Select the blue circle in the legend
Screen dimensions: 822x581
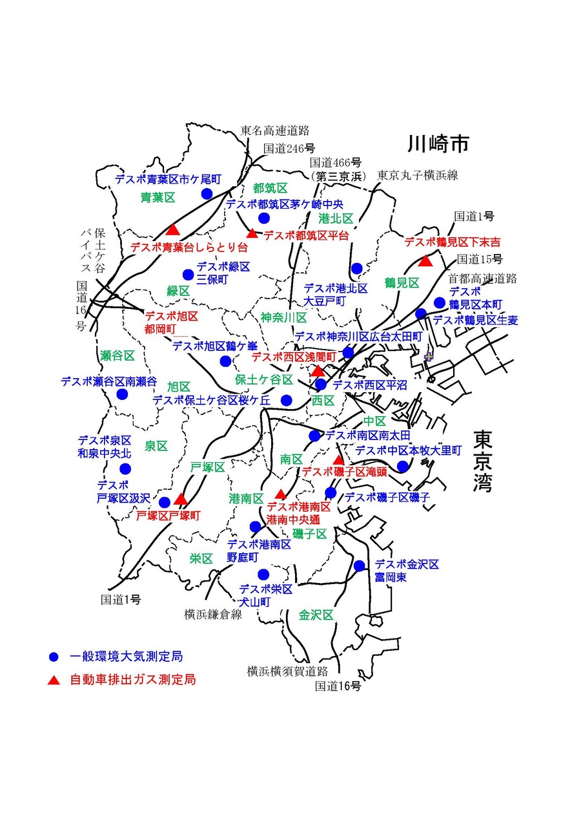pos(54,657)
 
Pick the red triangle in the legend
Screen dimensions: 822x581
pos(54,680)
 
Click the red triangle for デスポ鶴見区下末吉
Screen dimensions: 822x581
pos(425,260)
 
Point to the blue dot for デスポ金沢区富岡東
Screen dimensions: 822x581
pos(360,566)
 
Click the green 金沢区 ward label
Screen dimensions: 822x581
pos(316,615)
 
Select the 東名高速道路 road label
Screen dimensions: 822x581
pos(275,131)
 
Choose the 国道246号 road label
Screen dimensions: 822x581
pos(289,148)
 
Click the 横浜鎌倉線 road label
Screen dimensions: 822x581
pos(212,614)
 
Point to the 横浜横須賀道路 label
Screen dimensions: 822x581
pos(287,671)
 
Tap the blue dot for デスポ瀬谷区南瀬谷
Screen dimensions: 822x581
pos(122,394)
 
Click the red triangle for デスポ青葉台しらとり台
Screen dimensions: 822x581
pos(172,229)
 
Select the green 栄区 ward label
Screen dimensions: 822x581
pos(201,559)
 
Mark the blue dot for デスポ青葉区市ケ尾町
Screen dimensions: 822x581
pos(207,193)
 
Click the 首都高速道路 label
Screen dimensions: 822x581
pos(483,279)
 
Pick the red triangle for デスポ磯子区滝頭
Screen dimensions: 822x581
pos(338,459)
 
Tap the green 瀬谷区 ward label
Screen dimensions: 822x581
pos(117,355)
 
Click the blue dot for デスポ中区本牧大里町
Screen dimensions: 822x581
pos(402,466)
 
